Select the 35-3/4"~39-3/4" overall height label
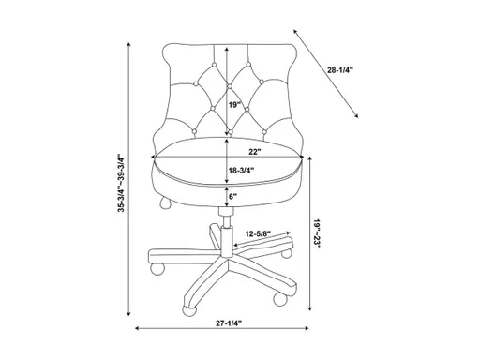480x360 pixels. click(121, 183)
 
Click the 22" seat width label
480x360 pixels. click(254, 150)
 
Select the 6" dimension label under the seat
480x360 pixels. click(234, 196)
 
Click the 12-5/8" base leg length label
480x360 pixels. click(259, 233)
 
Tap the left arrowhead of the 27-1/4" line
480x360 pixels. click(137, 328)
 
